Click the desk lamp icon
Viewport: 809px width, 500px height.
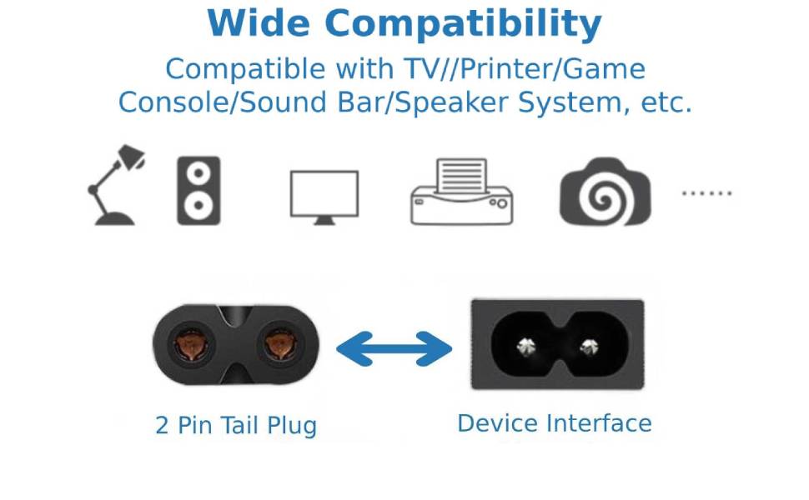click(x=113, y=187)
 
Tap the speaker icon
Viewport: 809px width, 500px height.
click(x=198, y=191)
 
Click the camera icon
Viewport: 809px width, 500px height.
click(x=605, y=192)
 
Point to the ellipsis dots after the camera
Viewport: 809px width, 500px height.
click(x=706, y=193)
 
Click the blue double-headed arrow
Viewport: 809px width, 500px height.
click(x=394, y=348)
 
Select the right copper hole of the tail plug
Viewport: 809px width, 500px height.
click(x=279, y=343)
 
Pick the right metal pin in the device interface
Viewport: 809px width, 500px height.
click(x=591, y=346)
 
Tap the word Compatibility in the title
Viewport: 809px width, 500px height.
click(x=463, y=24)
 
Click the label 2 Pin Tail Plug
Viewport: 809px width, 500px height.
click(x=236, y=426)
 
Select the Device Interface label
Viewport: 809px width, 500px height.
click(x=555, y=423)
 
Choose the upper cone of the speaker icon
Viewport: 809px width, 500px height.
click(x=198, y=173)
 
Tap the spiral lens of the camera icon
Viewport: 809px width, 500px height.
click(x=605, y=197)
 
